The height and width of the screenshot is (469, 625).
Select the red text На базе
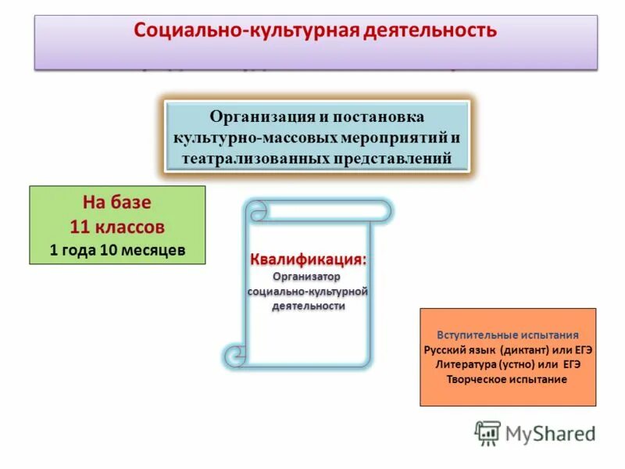coord(117,202)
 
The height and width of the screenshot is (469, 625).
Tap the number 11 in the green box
coord(80,227)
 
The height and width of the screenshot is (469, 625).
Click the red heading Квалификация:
coord(308,259)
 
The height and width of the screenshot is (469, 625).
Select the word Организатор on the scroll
coord(307,277)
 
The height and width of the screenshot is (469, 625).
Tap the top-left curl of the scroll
coord(257,211)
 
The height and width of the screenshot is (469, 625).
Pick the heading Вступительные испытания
coord(507,334)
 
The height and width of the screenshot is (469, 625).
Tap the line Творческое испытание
coord(507,379)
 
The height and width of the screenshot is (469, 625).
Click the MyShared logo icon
coord(487,433)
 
